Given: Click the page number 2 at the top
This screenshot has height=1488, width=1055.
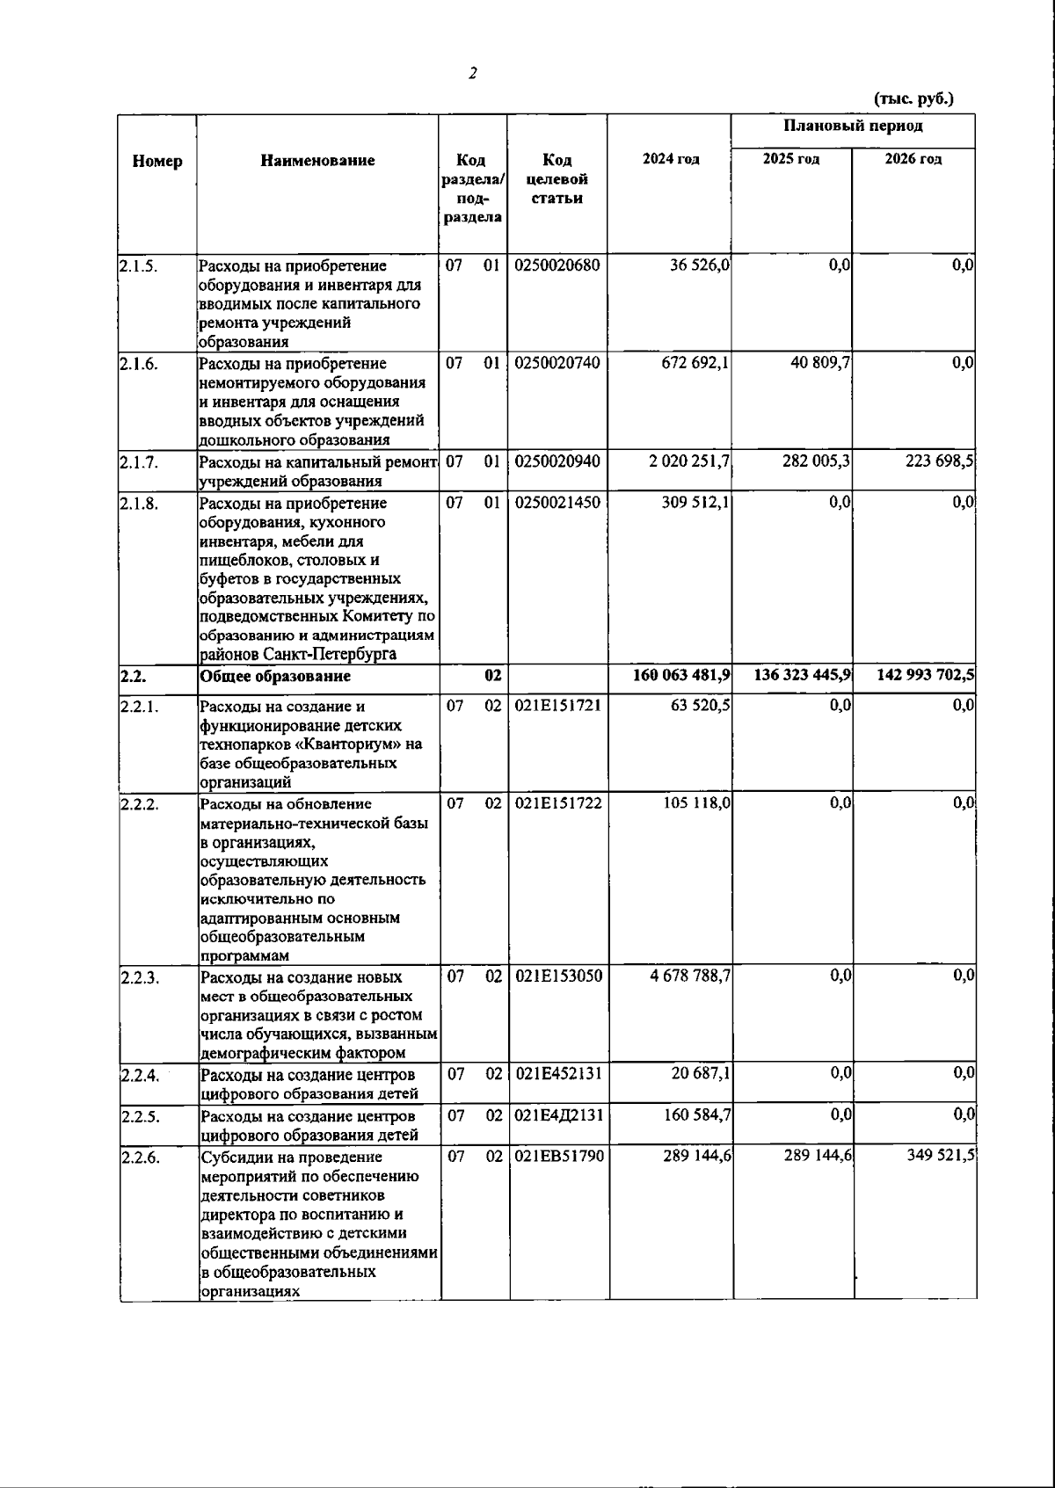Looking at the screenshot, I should [473, 74].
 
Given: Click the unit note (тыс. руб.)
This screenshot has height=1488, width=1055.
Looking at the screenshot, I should [913, 98].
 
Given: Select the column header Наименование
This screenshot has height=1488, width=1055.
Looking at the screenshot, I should [317, 160].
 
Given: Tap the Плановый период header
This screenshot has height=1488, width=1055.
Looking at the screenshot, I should [853, 126].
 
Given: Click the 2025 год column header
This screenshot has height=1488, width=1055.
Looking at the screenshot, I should [791, 159].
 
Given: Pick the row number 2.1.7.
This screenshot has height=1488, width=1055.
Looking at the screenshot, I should [139, 461].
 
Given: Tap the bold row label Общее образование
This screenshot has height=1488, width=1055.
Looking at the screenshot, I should [275, 676].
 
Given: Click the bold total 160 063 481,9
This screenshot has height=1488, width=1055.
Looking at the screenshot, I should [681, 675].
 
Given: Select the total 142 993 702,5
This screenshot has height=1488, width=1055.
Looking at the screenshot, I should [925, 675].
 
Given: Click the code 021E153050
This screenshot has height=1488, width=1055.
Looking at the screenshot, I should [558, 976].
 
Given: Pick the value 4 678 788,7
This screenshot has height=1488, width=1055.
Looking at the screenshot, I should [690, 976].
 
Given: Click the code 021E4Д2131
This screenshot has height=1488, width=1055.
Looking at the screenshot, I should [558, 1115].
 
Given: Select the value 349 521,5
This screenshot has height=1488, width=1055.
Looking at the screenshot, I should [941, 1156].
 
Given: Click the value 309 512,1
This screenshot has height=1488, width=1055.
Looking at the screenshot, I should [695, 503].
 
